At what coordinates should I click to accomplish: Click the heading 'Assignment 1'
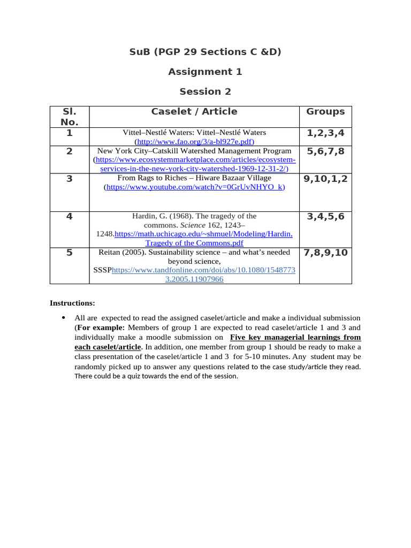pyautogui.click(x=205, y=72)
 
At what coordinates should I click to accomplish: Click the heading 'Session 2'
pyautogui.click(x=205, y=92)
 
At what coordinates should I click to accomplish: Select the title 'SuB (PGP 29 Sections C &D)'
pyautogui.click(x=205, y=52)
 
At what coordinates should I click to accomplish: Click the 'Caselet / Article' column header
pyautogui.click(x=194, y=112)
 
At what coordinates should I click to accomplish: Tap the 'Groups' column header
pyautogui.click(x=325, y=112)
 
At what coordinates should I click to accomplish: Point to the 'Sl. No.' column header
pyautogui.click(x=70, y=117)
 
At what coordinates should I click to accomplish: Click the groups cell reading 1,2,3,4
pyautogui.click(x=325, y=133)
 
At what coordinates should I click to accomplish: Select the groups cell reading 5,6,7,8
pyautogui.click(x=325, y=151)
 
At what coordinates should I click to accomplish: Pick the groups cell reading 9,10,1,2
pyautogui.click(x=325, y=179)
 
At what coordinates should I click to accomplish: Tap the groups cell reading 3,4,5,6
pyautogui.click(x=325, y=217)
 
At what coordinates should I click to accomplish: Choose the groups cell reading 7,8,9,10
pyautogui.click(x=325, y=253)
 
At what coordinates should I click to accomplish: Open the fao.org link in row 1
pyautogui.click(x=194, y=142)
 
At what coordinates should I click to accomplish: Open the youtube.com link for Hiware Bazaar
pyautogui.click(x=195, y=187)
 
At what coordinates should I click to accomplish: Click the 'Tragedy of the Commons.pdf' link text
pyautogui.click(x=194, y=243)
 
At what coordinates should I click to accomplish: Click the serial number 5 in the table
pyautogui.click(x=70, y=253)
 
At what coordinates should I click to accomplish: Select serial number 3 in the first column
pyautogui.click(x=70, y=179)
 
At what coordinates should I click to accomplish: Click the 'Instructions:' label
pyautogui.click(x=72, y=303)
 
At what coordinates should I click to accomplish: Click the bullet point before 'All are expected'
pyautogui.click(x=64, y=318)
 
